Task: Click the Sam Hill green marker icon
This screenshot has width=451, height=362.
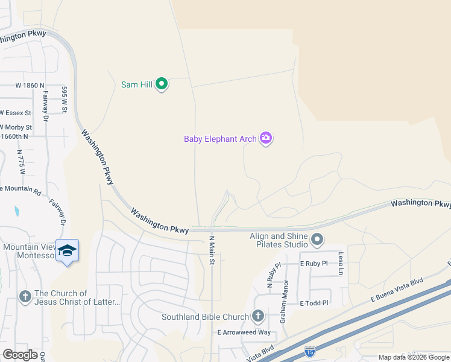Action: [162, 84]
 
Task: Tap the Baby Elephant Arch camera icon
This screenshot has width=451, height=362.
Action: [266, 139]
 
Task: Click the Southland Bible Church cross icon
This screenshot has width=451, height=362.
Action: [258, 316]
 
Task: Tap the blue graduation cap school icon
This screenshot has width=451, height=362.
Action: [68, 251]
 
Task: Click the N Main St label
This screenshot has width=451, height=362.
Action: [212, 247]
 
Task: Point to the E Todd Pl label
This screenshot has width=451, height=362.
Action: [315, 303]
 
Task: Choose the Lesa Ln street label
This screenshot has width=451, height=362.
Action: [341, 263]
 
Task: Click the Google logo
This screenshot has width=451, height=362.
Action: [20, 355]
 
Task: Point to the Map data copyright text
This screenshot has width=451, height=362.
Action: [413, 357]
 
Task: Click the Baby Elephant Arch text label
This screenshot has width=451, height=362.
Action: [220, 139]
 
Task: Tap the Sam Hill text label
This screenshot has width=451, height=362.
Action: [137, 84]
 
